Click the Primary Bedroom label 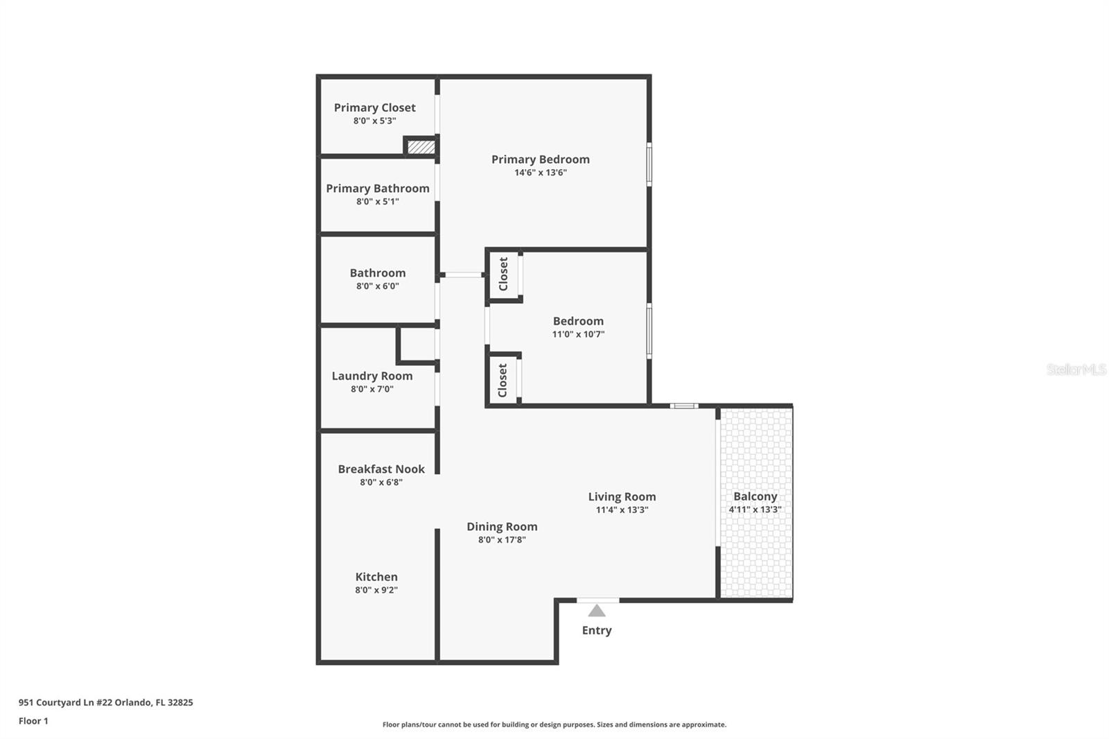click(x=540, y=159)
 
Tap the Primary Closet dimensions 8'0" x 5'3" click(x=374, y=121)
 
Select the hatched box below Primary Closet click(x=421, y=147)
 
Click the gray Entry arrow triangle click(x=597, y=611)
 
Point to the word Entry click(x=597, y=630)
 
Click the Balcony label click(x=755, y=496)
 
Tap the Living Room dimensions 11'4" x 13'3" click(x=622, y=510)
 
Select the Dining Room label click(x=502, y=527)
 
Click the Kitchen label click(x=376, y=577)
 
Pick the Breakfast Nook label click(x=381, y=469)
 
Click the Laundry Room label click(x=372, y=376)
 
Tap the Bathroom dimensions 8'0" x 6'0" click(x=377, y=286)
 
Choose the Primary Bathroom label click(x=378, y=189)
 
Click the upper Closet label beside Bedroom click(x=503, y=274)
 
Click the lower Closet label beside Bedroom click(x=503, y=380)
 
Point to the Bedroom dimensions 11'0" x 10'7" click(x=578, y=334)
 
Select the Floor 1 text click(x=33, y=721)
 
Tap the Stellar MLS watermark click(x=1076, y=369)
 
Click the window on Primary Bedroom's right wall click(x=649, y=164)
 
